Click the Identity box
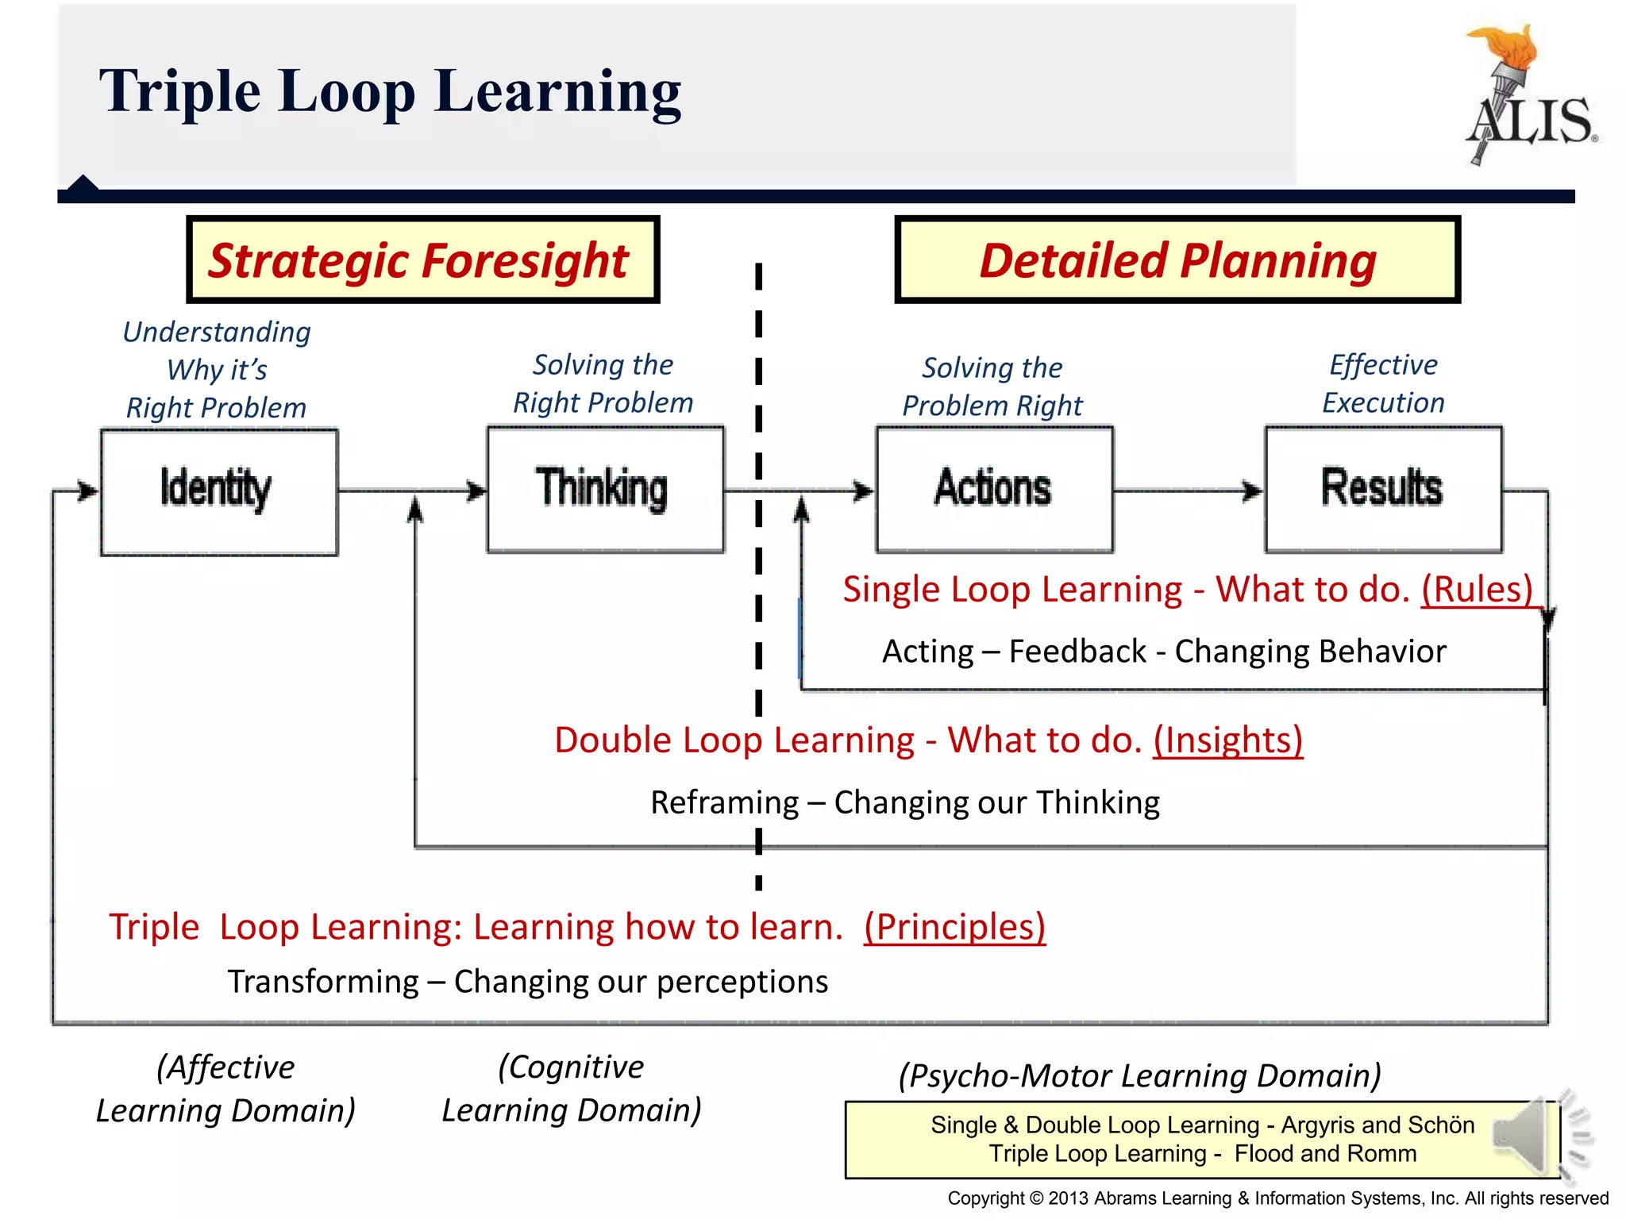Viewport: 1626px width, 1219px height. pos(219,491)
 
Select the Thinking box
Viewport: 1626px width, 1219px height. pos(605,490)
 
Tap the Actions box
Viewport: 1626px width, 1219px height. pos(994,489)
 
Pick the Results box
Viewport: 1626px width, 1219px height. pos(1383,489)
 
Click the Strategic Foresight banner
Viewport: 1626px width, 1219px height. pos(422,260)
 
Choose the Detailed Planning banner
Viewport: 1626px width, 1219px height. pos(1177,260)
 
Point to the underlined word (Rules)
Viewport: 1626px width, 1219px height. pos(1477,590)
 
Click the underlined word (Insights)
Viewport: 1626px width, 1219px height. pos(1227,740)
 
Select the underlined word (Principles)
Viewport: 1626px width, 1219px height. pos(954,926)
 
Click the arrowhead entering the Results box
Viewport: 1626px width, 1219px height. pos(1253,491)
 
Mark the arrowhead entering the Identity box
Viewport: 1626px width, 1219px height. pos(88,491)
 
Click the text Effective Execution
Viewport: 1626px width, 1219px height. pos(1383,383)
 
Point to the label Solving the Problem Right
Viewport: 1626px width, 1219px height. pos(992,386)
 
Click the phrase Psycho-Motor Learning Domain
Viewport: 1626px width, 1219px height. pos(1139,1075)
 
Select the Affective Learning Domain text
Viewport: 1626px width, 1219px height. pos(225,1088)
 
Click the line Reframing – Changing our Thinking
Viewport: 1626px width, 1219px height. pos(905,802)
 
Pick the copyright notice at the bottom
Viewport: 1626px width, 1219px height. pos(1277,1198)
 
